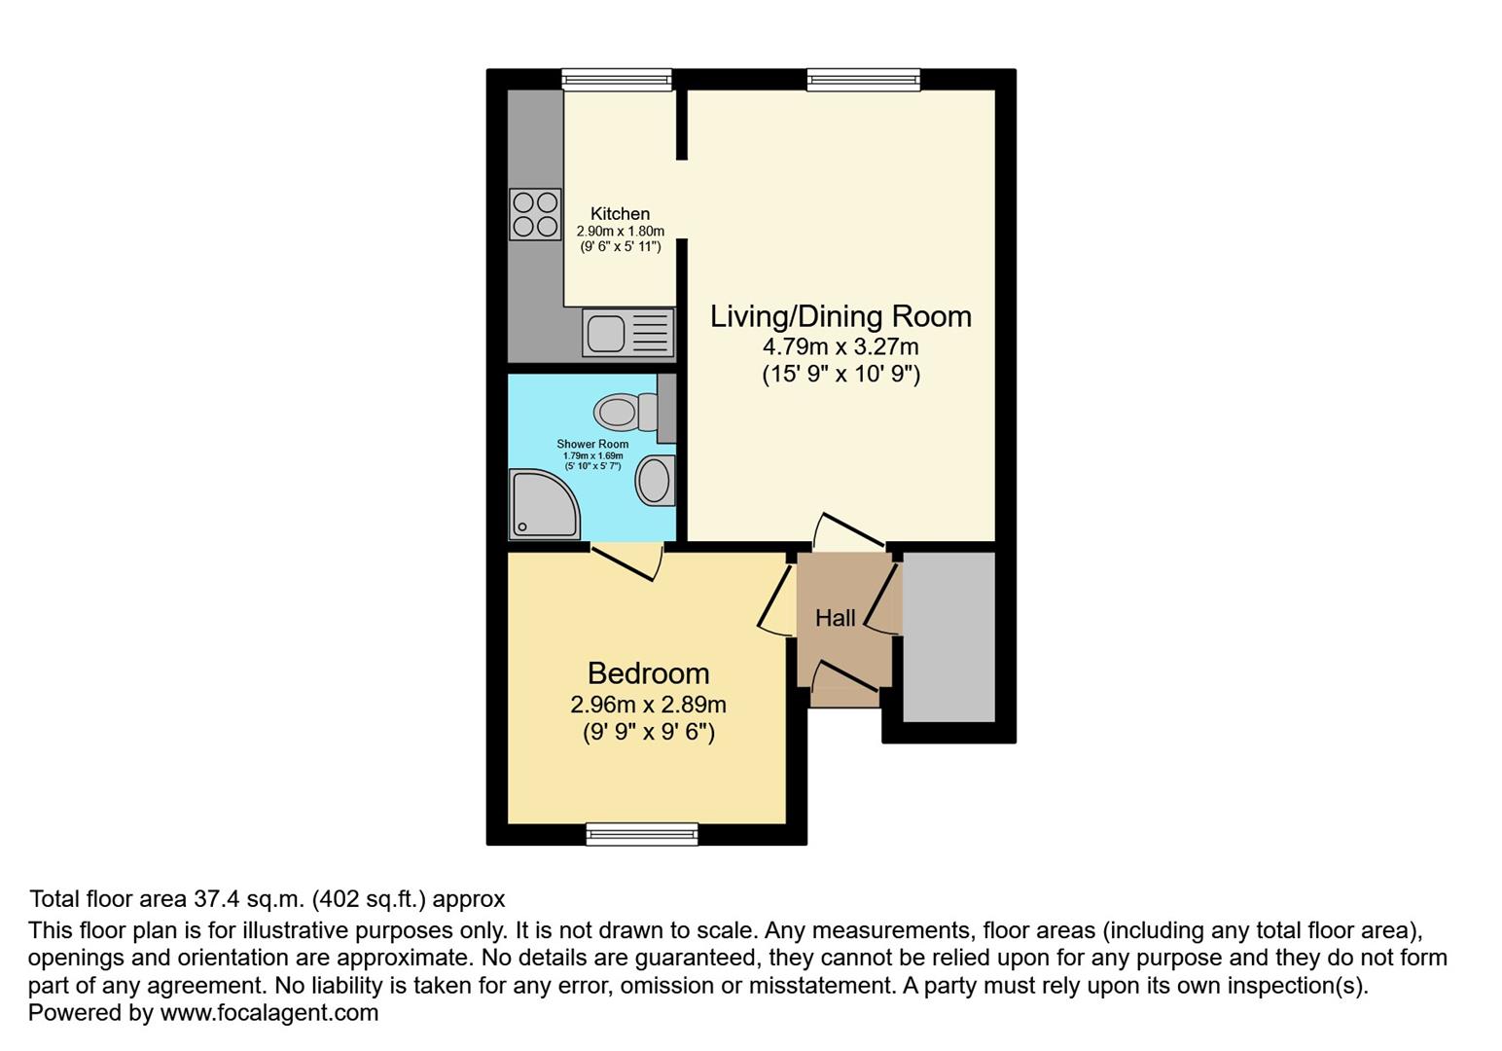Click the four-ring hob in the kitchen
click(535, 214)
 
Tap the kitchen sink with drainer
click(628, 332)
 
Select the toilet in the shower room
click(626, 411)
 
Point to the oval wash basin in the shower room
click(655, 480)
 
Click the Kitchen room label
click(620, 214)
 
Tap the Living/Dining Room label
click(840, 316)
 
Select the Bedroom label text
click(648, 673)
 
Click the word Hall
click(835, 618)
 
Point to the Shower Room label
click(592, 444)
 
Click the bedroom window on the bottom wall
click(642, 833)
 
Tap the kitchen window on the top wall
click(617, 79)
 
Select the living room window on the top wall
click(863, 79)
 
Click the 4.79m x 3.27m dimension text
click(840, 346)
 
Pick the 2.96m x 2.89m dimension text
click(648, 705)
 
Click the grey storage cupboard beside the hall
click(948, 637)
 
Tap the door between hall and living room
click(848, 530)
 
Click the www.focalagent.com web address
click(268, 1012)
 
